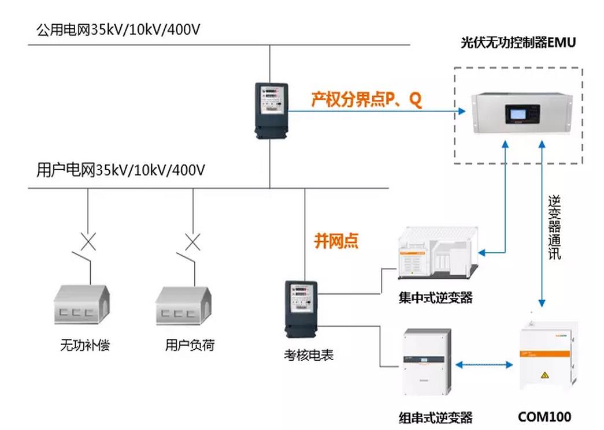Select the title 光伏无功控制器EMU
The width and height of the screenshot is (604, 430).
coord(518,43)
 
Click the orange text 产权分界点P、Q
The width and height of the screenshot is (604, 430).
coord(366,100)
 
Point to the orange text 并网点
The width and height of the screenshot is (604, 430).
coord(336,240)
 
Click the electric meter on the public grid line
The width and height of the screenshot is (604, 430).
coord(271,109)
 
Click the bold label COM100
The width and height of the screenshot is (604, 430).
coord(544,416)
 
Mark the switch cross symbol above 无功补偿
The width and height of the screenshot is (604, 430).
coord(88,241)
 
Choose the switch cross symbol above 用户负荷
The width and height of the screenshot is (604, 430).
coord(191,241)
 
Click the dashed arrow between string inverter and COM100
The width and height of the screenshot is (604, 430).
coord(484,365)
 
